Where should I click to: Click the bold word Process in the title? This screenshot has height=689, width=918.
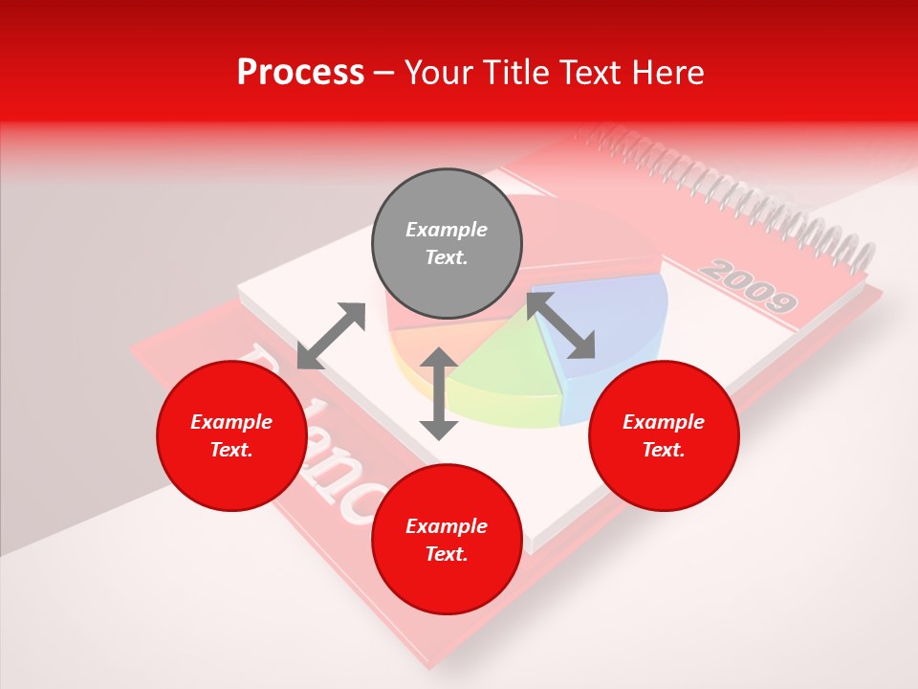[300, 73]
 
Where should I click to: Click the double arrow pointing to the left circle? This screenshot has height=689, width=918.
[331, 336]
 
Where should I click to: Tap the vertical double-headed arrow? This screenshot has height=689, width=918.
[439, 393]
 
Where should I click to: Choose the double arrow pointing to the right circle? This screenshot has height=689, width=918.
[560, 325]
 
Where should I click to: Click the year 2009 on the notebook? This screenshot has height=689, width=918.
[749, 286]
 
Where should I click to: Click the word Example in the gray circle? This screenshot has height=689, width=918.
[447, 230]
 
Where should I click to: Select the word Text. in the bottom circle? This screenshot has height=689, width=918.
[447, 554]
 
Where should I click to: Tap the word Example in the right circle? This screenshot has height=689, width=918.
[664, 422]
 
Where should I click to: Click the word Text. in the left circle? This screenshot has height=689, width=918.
[231, 450]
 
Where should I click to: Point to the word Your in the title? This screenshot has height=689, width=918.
[439, 73]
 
